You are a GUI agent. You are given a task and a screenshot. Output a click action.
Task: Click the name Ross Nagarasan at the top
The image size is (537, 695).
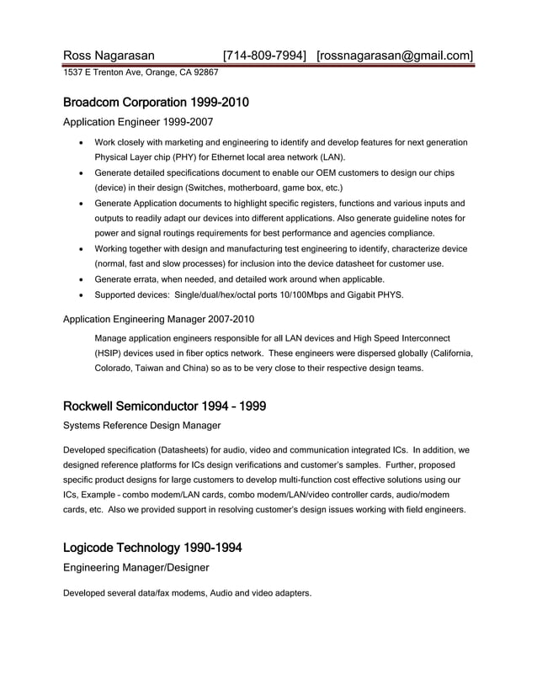[x=109, y=56]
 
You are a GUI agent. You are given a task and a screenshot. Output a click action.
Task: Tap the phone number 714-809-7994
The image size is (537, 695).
[x=264, y=56]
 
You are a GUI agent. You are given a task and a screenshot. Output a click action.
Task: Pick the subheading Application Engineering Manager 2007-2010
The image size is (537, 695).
[x=159, y=319]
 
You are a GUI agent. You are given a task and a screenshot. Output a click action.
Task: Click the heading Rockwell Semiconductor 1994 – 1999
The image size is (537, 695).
[x=165, y=406]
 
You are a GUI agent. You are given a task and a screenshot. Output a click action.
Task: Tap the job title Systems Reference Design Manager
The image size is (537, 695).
[x=142, y=426]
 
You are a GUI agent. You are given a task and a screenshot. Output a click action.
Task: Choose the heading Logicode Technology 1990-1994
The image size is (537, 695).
[x=152, y=548]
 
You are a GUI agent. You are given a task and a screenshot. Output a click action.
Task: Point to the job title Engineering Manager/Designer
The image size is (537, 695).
[x=136, y=568]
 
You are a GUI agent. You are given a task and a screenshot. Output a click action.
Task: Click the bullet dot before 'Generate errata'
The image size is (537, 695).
[x=80, y=279]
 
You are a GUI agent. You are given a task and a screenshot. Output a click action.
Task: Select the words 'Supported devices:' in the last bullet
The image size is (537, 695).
[x=131, y=294]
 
